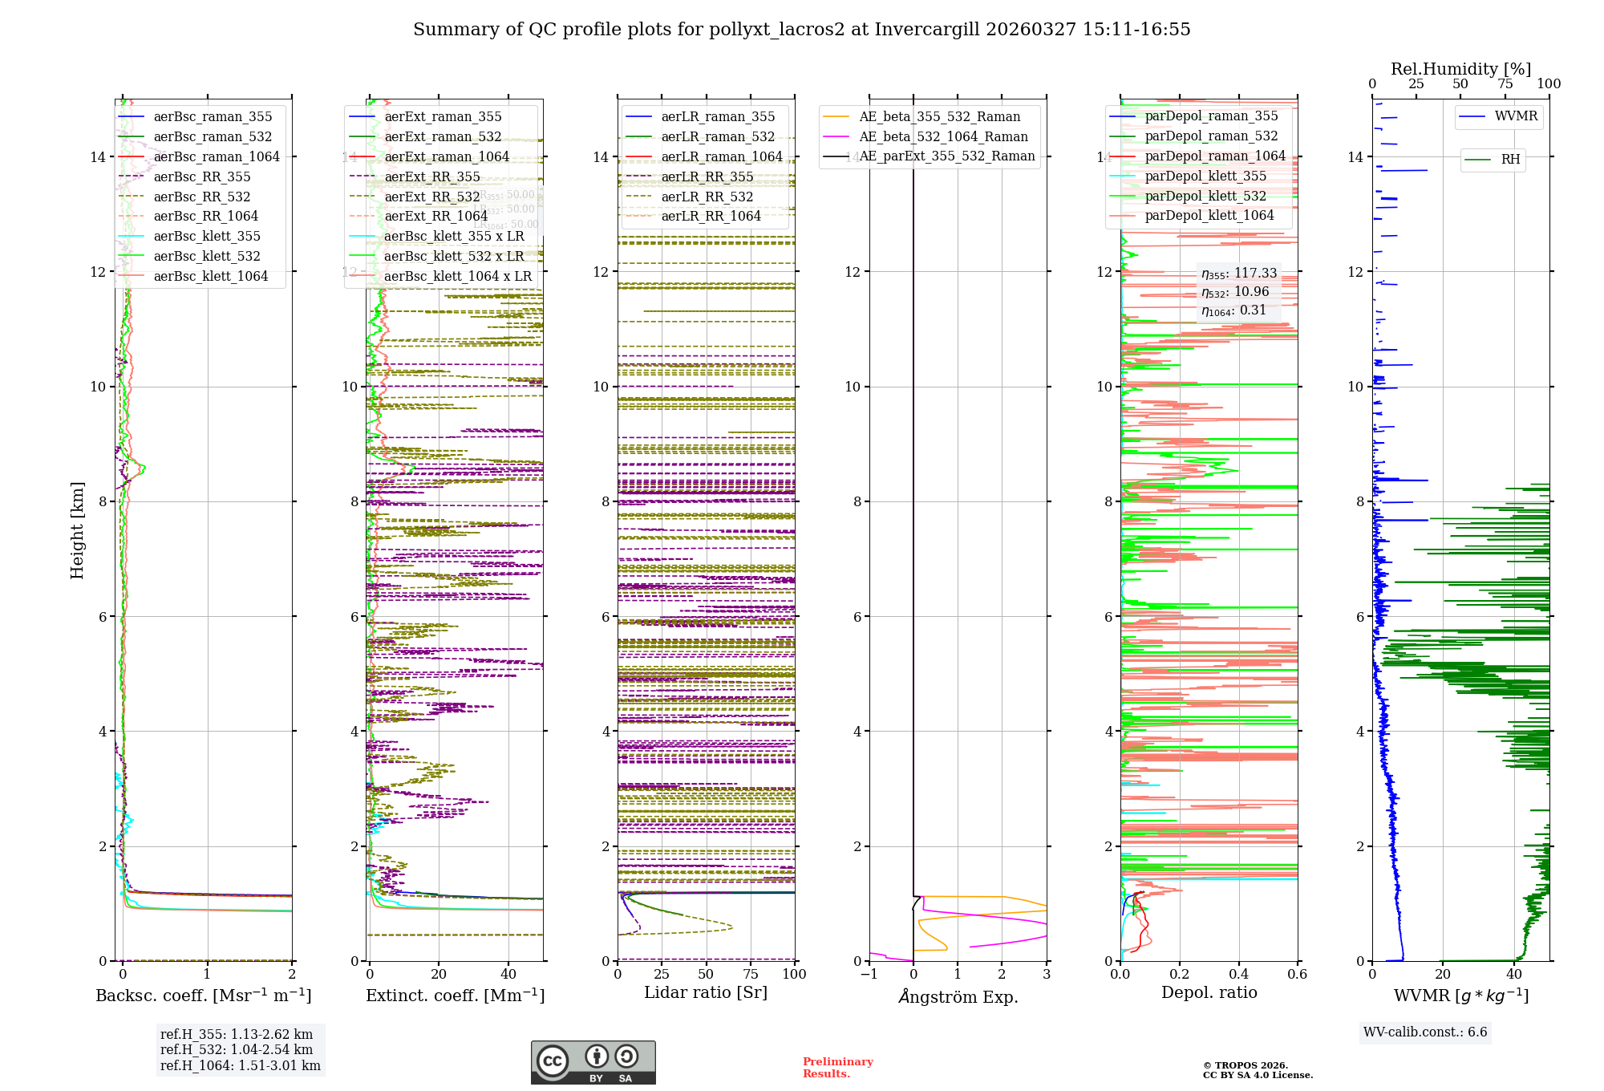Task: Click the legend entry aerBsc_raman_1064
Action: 217,156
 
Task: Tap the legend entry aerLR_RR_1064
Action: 711,216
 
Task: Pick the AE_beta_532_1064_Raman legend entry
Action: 943,136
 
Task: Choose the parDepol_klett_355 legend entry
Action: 1205,176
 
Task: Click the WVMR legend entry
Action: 1516,116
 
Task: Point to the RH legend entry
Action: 1510,160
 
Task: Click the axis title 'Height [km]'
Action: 77,530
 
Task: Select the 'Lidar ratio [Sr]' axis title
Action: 706,992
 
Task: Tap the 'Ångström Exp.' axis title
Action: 958,996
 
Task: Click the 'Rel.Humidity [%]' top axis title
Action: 1460,69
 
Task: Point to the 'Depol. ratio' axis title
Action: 1209,992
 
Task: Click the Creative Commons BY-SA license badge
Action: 593,1062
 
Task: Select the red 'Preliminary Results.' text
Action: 837,1067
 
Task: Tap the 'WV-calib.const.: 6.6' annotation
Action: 1424,1032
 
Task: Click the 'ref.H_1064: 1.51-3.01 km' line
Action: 240,1065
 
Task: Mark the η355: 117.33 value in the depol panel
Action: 1238,274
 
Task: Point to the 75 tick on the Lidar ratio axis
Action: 751,974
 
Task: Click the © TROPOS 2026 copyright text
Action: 1245,1065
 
